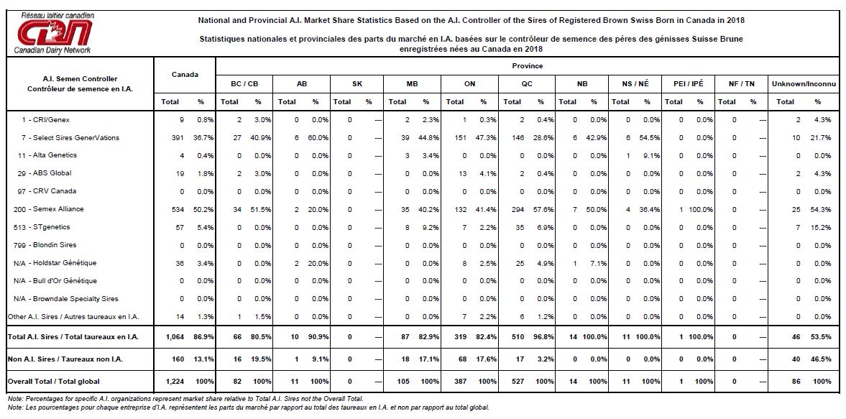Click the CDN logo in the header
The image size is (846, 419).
(55, 32)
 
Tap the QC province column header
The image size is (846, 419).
(527, 84)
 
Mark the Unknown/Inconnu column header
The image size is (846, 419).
(804, 84)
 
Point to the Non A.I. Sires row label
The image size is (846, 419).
(66, 359)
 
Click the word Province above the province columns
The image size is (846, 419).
(527, 66)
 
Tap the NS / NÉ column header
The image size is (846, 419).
(636, 84)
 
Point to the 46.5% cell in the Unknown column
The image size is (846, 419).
(822, 359)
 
